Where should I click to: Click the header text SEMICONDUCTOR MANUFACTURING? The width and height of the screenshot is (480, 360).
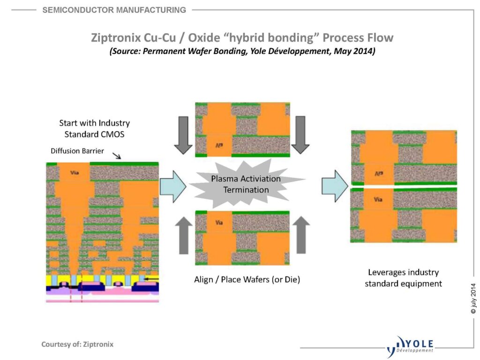point(114,10)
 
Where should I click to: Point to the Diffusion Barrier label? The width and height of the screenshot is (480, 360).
point(77,151)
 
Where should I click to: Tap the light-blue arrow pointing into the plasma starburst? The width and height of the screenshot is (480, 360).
point(173,186)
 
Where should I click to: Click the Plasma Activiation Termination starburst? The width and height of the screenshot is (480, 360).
point(246,184)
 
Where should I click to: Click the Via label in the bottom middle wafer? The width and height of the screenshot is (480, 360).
point(218,223)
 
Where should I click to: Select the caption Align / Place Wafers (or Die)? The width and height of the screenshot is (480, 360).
point(247,280)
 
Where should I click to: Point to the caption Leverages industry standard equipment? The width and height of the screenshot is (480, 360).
point(403,278)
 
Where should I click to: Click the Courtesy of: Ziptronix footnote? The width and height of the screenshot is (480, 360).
point(77,345)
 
